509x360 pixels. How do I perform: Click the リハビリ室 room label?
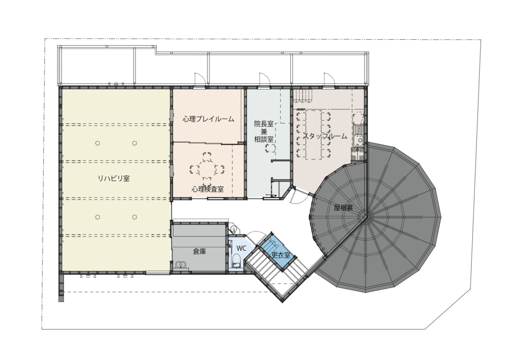click(x=114, y=178)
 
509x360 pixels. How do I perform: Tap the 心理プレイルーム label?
click(x=208, y=119)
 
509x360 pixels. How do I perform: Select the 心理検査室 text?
click(x=208, y=189)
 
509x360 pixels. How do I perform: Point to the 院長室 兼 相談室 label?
click(x=264, y=132)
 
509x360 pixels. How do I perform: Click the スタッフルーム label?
click(x=325, y=136)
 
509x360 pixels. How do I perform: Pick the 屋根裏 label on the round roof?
click(x=343, y=207)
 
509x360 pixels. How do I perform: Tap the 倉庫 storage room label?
click(x=199, y=251)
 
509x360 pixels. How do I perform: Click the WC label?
click(x=241, y=248)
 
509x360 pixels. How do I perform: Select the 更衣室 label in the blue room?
click(x=281, y=255)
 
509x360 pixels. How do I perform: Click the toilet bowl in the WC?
click(x=236, y=261)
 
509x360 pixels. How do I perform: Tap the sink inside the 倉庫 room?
click(x=181, y=264)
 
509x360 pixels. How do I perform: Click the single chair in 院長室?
click(x=270, y=149)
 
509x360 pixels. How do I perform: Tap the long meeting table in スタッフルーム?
click(x=314, y=135)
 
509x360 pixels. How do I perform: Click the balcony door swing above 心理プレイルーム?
click(x=200, y=79)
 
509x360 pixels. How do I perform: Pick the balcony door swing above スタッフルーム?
click(x=329, y=79)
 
